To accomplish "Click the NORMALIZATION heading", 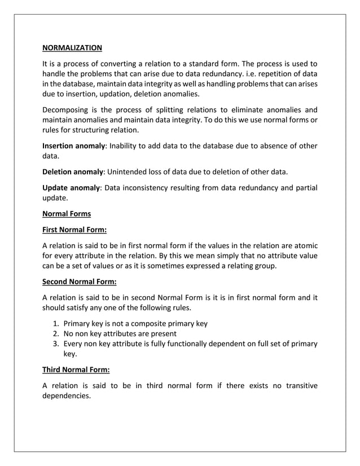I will [x=72, y=48].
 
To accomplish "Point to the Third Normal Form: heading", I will [x=76, y=370].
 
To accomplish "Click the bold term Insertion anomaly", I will [x=74, y=146].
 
